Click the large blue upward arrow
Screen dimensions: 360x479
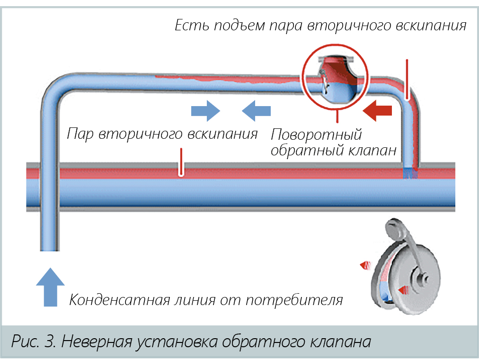coord(50,287)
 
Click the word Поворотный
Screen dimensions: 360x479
coord(316,135)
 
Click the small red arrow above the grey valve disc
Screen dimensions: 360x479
coord(365,265)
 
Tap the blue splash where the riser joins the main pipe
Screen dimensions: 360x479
coord(409,173)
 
